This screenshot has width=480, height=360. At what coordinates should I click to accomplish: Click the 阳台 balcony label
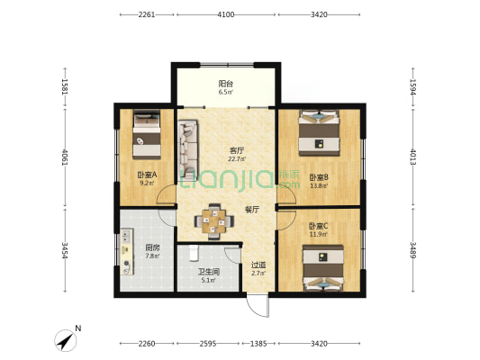tap(226, 84)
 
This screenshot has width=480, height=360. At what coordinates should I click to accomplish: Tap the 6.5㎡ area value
tap(226, 92)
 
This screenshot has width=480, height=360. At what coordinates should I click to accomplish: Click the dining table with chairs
tap(214, 221)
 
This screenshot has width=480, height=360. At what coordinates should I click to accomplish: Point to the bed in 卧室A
tap(147, 135)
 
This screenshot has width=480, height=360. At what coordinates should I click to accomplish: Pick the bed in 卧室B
tap(320, 132)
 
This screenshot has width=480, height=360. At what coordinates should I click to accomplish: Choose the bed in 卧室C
tap(323, 267)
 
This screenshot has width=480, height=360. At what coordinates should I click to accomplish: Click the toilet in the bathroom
tap(194, 253)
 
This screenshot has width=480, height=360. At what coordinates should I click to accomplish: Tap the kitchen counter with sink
tap(127, 251)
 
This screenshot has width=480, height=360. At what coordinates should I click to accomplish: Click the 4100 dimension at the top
tap(226, 14)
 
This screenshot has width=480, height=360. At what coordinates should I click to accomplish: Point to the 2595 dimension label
tap(208, 344)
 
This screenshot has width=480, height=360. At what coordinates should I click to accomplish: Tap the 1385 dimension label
tap(258, 344)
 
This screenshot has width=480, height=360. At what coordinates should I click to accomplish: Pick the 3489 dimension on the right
tap(413, 250)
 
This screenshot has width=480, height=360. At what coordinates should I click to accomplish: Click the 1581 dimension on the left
tap(65, 87)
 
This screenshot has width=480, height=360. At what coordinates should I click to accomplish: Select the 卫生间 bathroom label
tap(208, 271)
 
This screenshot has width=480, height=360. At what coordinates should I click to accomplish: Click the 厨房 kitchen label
tap(152, 247)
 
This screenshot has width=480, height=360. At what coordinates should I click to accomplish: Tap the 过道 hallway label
tap(258, 265)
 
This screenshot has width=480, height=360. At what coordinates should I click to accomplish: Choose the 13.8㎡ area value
tap(319, 185)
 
